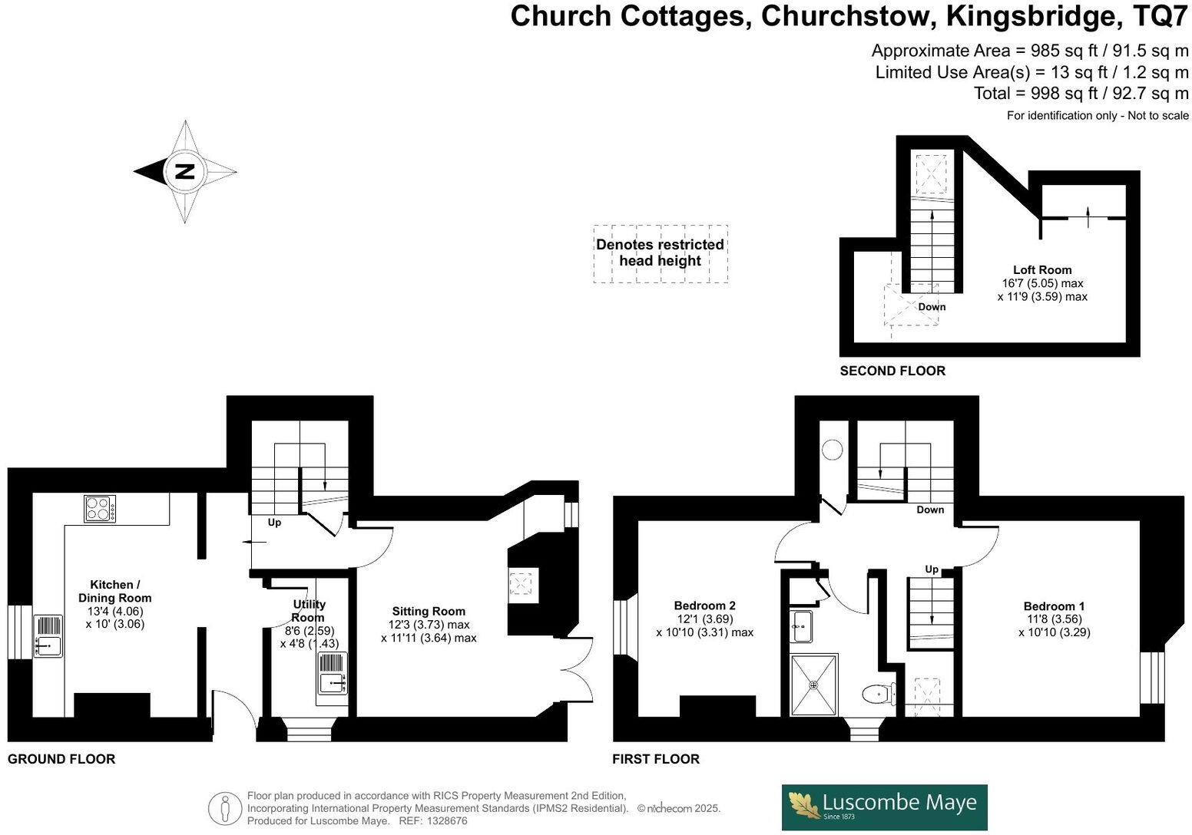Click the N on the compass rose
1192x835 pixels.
[184, 171]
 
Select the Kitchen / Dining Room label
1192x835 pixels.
[115, 591]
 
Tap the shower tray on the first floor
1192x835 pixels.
[813, 684]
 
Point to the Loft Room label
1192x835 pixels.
[1042, 270]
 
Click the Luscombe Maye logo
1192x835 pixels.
[884, 807]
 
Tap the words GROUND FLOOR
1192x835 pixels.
[61, 759]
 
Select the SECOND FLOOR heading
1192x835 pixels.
[892, 371]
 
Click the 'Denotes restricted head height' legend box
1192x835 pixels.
[660, 253]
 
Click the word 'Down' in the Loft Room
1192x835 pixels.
[932, 307]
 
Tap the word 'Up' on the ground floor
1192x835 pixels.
[274, 523]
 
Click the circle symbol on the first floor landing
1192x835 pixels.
[833, 450]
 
